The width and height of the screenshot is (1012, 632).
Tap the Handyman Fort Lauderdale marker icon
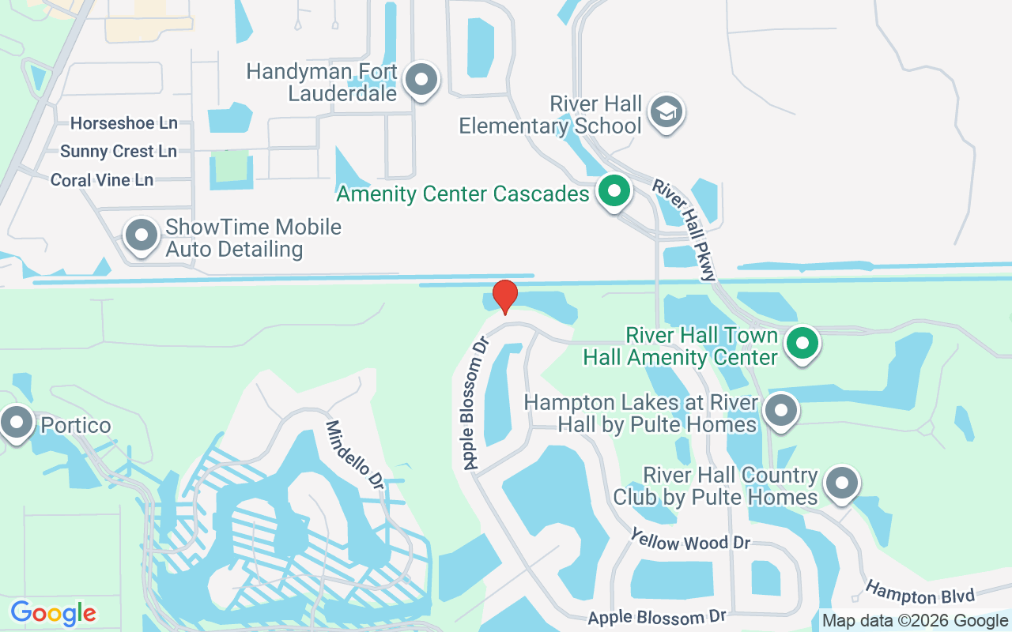click(421, 80)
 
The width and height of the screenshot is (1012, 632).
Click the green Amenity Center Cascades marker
click(614, 191)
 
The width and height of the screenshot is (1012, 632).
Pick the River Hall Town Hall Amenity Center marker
click(802, 344)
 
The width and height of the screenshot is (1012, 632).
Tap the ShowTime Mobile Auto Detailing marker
click(142, 235)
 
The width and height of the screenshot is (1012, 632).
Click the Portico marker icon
click(17, 423)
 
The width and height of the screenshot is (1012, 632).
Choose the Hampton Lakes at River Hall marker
click(781, 410)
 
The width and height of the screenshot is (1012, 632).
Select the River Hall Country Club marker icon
click(841, 482)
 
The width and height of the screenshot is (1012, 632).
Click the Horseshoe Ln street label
click(123, 123)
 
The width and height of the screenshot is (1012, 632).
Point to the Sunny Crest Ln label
click(119, 151)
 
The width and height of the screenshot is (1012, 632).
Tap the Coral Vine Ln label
click(102, 180)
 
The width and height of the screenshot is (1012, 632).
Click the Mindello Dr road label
click(355, 454)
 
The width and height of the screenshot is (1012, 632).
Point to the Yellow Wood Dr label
click(689, 542)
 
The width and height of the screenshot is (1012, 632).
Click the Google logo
click(53, 613)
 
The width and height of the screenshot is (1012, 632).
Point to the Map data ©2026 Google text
click(916, 621)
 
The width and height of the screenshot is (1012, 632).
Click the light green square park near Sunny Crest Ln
click(231, 165)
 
